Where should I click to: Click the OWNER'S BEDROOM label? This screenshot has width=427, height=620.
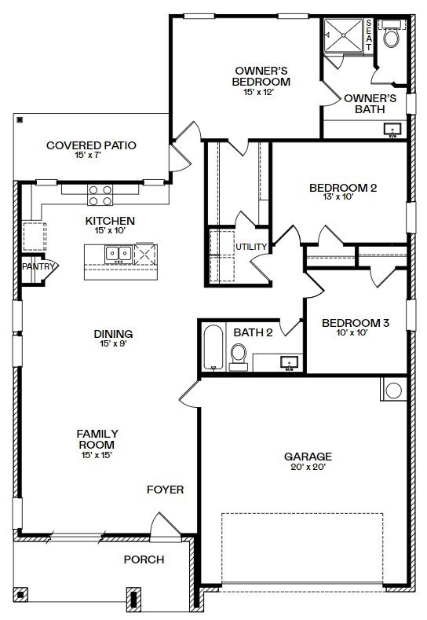[x=261, y=75]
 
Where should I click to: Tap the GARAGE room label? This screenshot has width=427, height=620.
[x=308, y=456]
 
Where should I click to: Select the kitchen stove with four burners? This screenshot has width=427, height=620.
[x=99, y=195]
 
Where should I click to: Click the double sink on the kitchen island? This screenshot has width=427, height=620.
[x=119, y=253]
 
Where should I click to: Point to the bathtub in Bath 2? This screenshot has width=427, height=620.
[x=212, y=348]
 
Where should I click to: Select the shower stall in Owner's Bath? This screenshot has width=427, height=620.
[x=344, y=36]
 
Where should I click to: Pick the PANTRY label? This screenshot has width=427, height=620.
[x=38, y=266]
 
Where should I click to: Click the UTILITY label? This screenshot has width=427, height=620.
[x=251, y=247]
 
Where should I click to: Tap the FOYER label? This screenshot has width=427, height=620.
[x=165, y=490]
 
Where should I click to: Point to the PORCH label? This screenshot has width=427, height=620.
[x=144, y=559]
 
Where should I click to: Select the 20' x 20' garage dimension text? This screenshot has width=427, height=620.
[x=308, y=467]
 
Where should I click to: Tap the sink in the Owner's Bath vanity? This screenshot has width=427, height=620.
[x=392, y=130]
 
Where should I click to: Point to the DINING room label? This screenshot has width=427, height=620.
[x=112, y=333]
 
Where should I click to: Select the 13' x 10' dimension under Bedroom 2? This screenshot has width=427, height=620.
[x=343, y=198]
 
